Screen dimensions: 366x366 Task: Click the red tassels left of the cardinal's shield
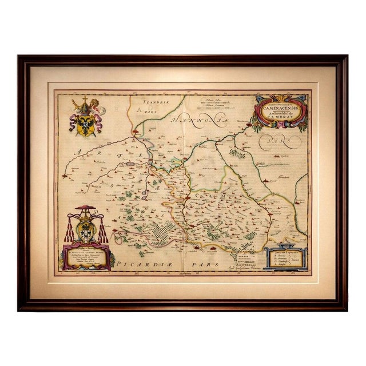(70, 230)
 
